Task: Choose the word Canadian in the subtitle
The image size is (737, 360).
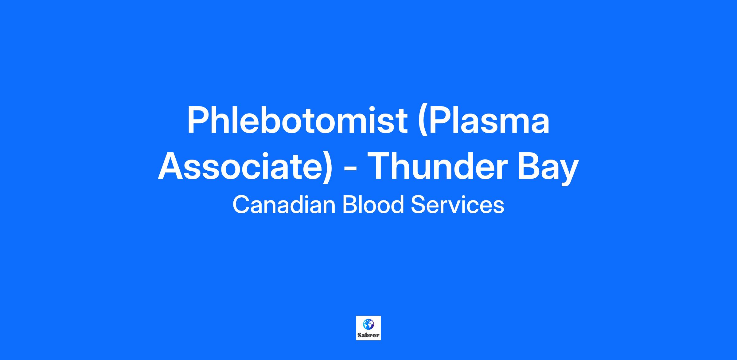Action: [284, 205]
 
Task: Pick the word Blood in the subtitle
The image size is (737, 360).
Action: [373, 204]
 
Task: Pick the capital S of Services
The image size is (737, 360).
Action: [418, 205]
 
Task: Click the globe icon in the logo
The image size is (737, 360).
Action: [368, 324]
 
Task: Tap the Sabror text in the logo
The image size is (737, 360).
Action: [368, 335]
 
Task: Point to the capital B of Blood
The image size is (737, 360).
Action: [349, 205]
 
